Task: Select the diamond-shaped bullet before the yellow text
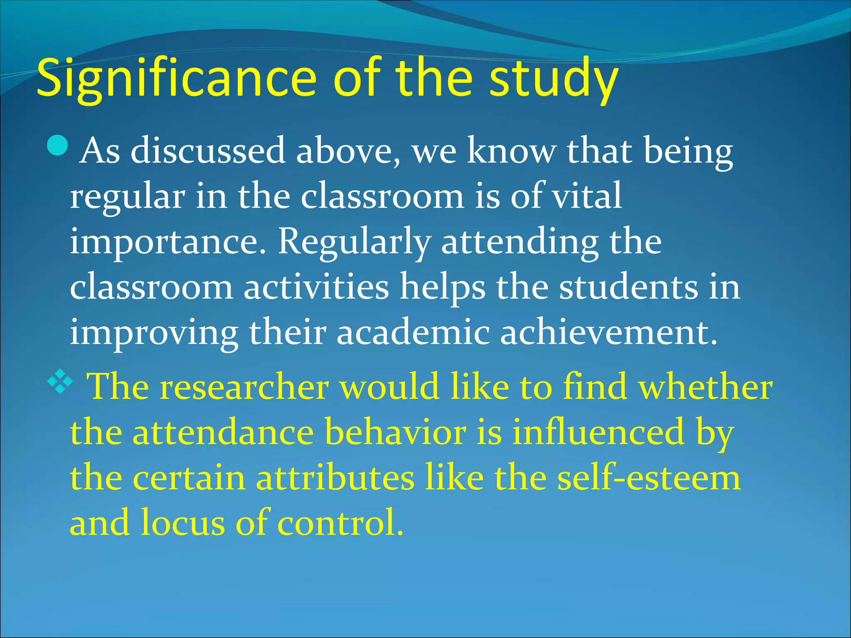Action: tap(60, 382)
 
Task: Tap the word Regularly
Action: tap(354, 242)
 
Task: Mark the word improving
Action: tap(154, 334)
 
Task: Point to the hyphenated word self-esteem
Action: tap(649, 478)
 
